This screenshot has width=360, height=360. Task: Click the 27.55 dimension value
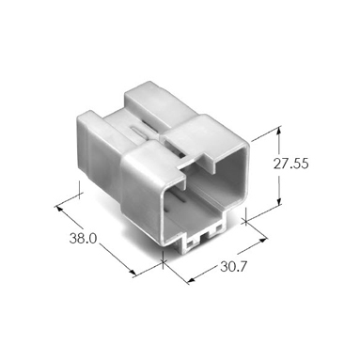click(x=290, y=164)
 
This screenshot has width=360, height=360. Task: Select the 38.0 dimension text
click(x=83, y=239)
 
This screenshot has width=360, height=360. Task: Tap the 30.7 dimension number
click(x=234, y=267)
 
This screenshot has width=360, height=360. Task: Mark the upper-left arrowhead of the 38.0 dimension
click(x=59, y=209)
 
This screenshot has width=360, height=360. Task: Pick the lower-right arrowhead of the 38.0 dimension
click(x=133, y=274)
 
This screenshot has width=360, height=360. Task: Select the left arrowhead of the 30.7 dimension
click(x=191, y=279)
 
